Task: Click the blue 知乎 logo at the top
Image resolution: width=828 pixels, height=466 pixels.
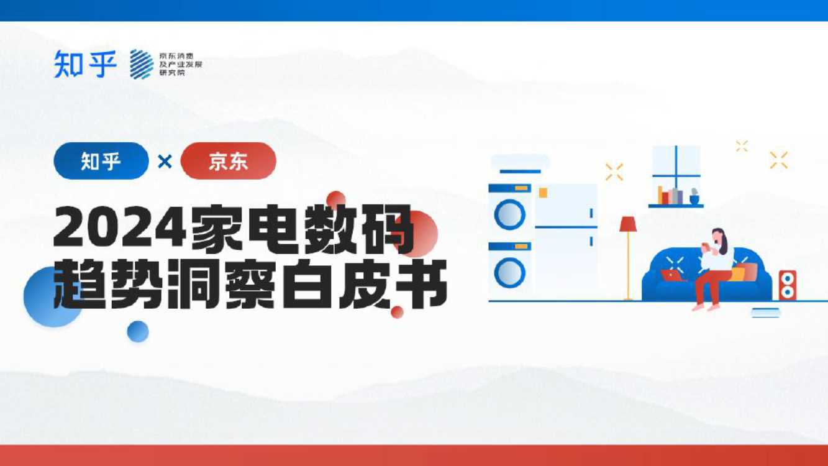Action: tap(85, 63)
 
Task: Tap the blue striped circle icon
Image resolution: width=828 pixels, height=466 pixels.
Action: tap(142, 64)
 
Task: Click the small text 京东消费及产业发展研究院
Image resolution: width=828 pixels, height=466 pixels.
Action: tap(181, 64)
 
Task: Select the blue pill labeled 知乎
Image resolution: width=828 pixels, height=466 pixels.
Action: tap(101, 161)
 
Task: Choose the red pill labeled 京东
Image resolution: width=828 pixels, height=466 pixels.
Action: tap(229, 161)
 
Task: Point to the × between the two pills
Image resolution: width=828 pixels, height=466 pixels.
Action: tap(165, 162)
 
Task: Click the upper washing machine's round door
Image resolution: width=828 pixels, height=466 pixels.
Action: tap(510, 215)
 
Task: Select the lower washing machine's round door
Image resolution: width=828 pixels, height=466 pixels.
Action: tap(510, 272)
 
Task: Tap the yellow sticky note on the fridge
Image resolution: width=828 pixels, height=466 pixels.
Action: tap(543, 193)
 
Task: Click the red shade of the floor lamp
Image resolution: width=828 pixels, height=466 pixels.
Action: tap(628, 224)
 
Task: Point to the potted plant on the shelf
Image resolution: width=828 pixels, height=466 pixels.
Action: tap(694, 197)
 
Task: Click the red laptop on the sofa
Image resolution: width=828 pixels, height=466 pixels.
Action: tap(672, 274)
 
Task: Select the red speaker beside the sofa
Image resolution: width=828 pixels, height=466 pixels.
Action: tap(788, 285)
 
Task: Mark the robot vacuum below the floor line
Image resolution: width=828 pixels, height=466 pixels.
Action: tap(765, 312)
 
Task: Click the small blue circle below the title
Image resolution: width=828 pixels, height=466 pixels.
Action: tap(138, 331)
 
